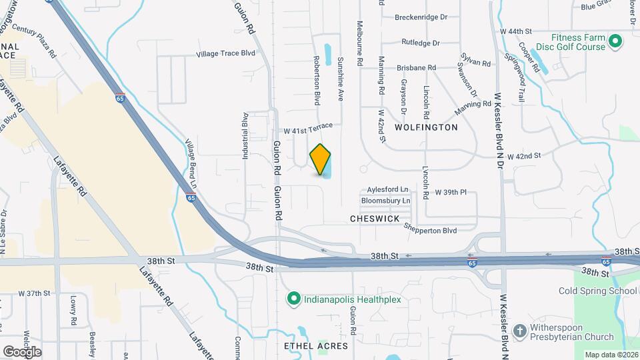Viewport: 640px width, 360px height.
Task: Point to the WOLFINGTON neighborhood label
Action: click(426, 127)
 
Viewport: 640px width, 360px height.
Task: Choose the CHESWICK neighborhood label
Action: click(374, 219)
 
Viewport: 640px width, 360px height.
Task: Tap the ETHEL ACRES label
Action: click(316, 346)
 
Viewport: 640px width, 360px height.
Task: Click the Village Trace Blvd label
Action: click(226, 54)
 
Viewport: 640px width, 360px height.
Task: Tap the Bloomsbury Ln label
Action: click(385, 200)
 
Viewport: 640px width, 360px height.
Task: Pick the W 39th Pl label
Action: click(456, 192)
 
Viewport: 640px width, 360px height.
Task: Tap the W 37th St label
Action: click(35, 293)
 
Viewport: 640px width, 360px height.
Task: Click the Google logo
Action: click(22, 351)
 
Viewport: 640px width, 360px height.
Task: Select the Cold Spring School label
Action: click(598, 291)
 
